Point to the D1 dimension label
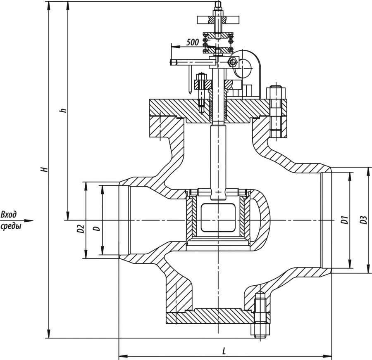coord(344,220)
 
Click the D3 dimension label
coord(363,220)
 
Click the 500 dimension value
coord(193,42)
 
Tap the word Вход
coord(9,215)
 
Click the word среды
coord(11,226)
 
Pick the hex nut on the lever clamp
coord(232,62)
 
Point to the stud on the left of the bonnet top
coord(201,93)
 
